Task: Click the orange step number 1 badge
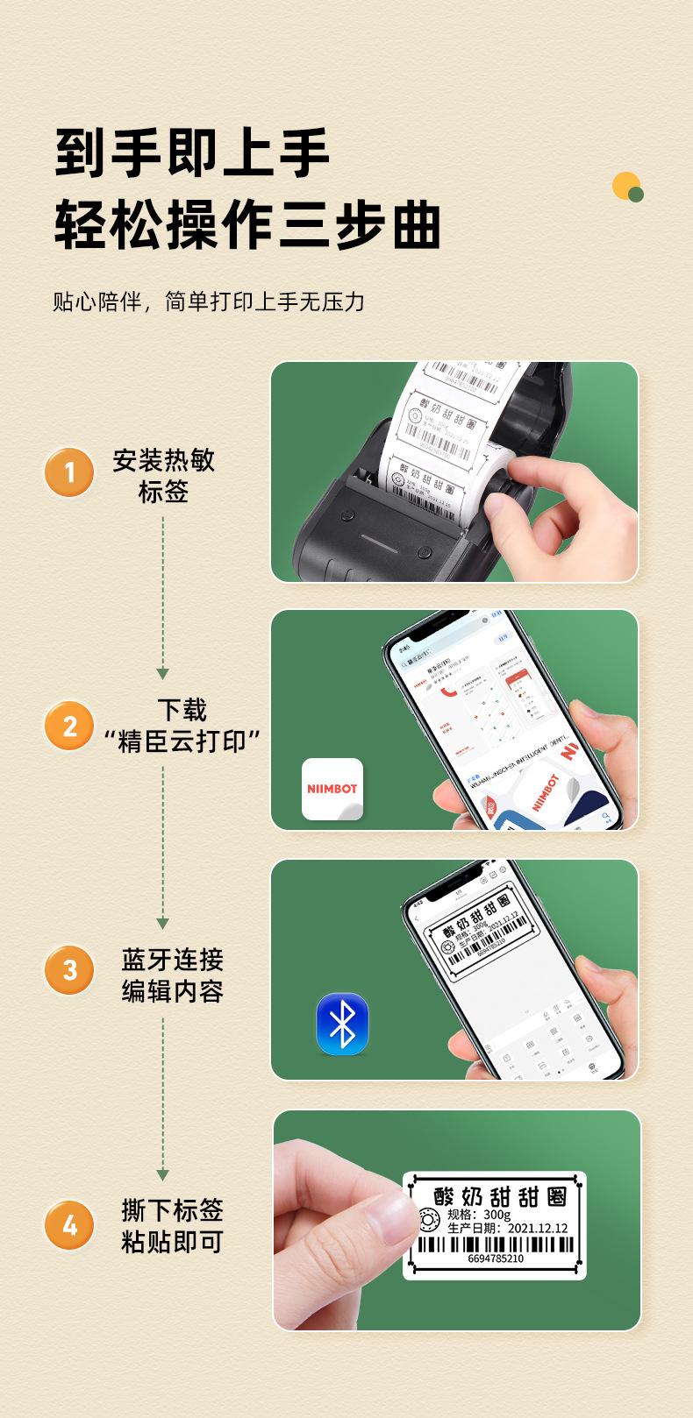(x=69, y=473)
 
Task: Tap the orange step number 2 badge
(x=69, y=726)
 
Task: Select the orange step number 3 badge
(x=69, y=970)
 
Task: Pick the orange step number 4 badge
(x=69, y=1224)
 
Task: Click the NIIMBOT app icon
(x=332, y=789)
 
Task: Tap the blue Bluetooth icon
(x=342, y=1024)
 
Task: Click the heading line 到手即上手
(x=193, y=152)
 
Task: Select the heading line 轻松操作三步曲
(x=247, y=224)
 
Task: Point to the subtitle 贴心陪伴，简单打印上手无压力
(x=209, y=302)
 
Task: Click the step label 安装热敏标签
(x=163, y=476)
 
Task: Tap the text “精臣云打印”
(x=182, y=741)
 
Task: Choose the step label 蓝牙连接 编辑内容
(x=172, y=975)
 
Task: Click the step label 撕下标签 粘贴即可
(x=172, y=1226)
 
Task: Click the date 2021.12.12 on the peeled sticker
(x=538, y=1229)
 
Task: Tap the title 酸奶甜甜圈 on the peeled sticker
(x=501, y=1195)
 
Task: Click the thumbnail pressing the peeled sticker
(x=387, y=1218)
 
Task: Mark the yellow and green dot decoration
(x=628, y=188)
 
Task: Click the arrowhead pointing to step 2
(x=162, y=673)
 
